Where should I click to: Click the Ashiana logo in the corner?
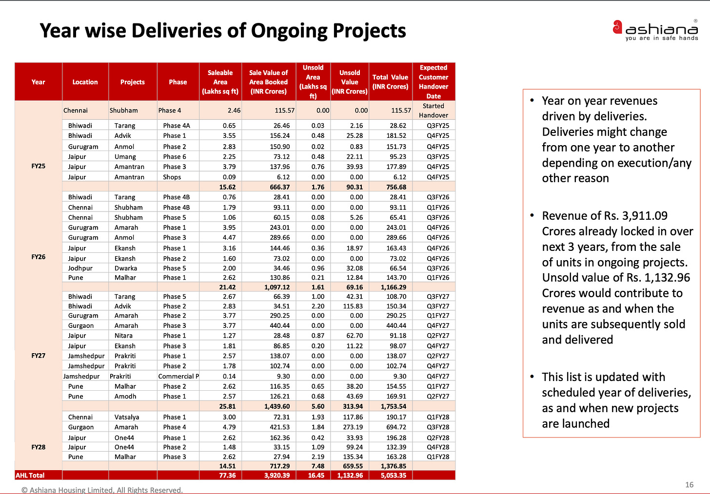655,30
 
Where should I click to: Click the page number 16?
689,484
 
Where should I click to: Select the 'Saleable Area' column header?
220,82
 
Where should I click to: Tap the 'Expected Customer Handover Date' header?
433,82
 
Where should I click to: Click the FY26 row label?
38,257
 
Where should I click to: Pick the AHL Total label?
30,475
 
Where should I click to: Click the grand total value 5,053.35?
393,475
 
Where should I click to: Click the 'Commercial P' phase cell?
178,376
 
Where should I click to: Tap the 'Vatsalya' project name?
127,417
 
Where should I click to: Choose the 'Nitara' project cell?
123,336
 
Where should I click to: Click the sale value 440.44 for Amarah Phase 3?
279,325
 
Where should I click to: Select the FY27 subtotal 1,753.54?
393,406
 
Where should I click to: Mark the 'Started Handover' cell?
433,111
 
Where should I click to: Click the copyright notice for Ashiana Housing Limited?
102,490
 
